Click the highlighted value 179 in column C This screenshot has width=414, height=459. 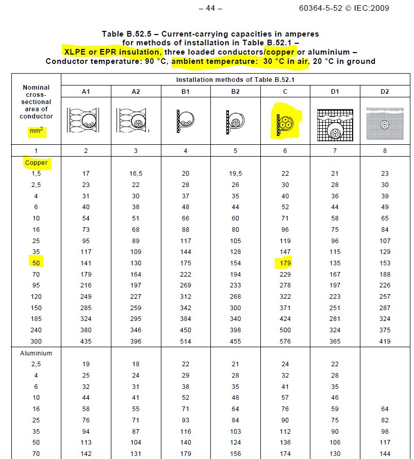pos(285,263)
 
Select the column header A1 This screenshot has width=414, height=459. pos(86,91)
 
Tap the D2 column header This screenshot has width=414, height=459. pos(385,91)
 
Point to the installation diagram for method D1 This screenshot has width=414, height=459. pos(335,124)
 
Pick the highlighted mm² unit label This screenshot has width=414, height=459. pos(36,132)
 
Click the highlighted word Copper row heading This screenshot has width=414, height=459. pos(36,162)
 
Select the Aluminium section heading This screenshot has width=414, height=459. pos(36,353)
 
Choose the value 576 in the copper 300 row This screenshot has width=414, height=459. pos(285,341)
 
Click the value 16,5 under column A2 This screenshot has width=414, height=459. pos(135,174)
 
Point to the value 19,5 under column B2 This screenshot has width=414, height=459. pos(235,174)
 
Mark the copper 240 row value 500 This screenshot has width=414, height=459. pos(285,330)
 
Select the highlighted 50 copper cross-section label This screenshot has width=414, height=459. pos(36,263)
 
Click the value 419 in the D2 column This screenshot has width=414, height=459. pos(385,341)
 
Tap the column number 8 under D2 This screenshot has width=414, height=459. pos(385,151)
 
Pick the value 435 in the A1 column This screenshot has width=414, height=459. pos(86,341)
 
